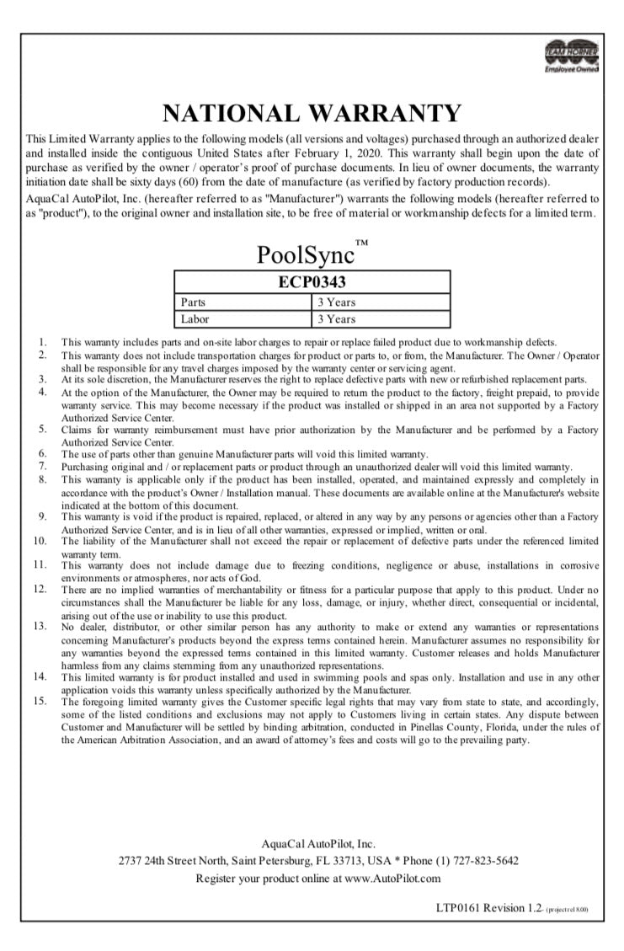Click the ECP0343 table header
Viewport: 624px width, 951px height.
(x=312, y=282)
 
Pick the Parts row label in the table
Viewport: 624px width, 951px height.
(x=194, y=302)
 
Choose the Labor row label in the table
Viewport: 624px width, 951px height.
(x=195, y=319)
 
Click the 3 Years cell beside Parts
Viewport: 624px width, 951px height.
(x=336, y=302)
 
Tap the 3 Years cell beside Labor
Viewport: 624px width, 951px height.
(x=336, y=319)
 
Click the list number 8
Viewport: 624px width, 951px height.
(x=41, y=478)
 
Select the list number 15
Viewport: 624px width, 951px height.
(x=39, y=700)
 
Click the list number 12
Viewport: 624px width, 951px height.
(x=39, y=588)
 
